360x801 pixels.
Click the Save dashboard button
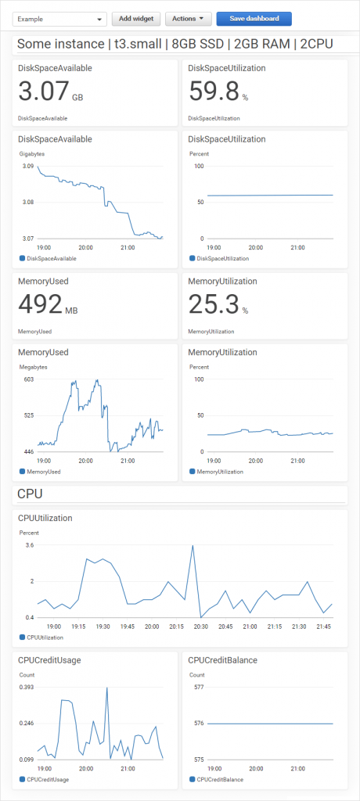pyautogui.click(x=254, y=18)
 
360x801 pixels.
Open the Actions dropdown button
pyautogui.click(x=189, y=18)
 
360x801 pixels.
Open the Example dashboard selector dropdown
pyautogui.click(x=59, y=19)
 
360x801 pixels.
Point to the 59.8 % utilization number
pyautogui.click(x=214, y=94)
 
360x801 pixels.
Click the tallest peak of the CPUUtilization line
pyautogui.click(x=192, y=546)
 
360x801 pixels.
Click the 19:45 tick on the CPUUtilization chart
pyautogui.click(x=128, y=627)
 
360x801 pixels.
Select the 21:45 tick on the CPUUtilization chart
pyautogui.click(x=322, y=627)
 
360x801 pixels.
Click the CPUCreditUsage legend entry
pyautogui.click(x=48, y=779)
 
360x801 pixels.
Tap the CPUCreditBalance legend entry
pyautogui.click(x=220, y=779)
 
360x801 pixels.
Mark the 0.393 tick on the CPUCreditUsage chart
pyautogui.click(x=27, y=687)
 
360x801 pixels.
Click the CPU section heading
pyautogui.click(x=30, y=494)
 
